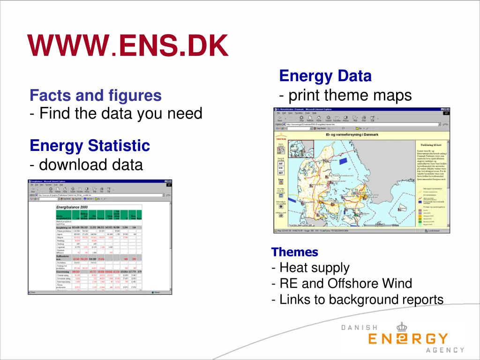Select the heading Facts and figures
point(96,96)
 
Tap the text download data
point(91,165)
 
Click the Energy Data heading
point(325,76)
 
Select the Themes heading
point(295,252)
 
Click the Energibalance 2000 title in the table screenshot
point(72,207)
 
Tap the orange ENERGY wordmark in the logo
point(408,339)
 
